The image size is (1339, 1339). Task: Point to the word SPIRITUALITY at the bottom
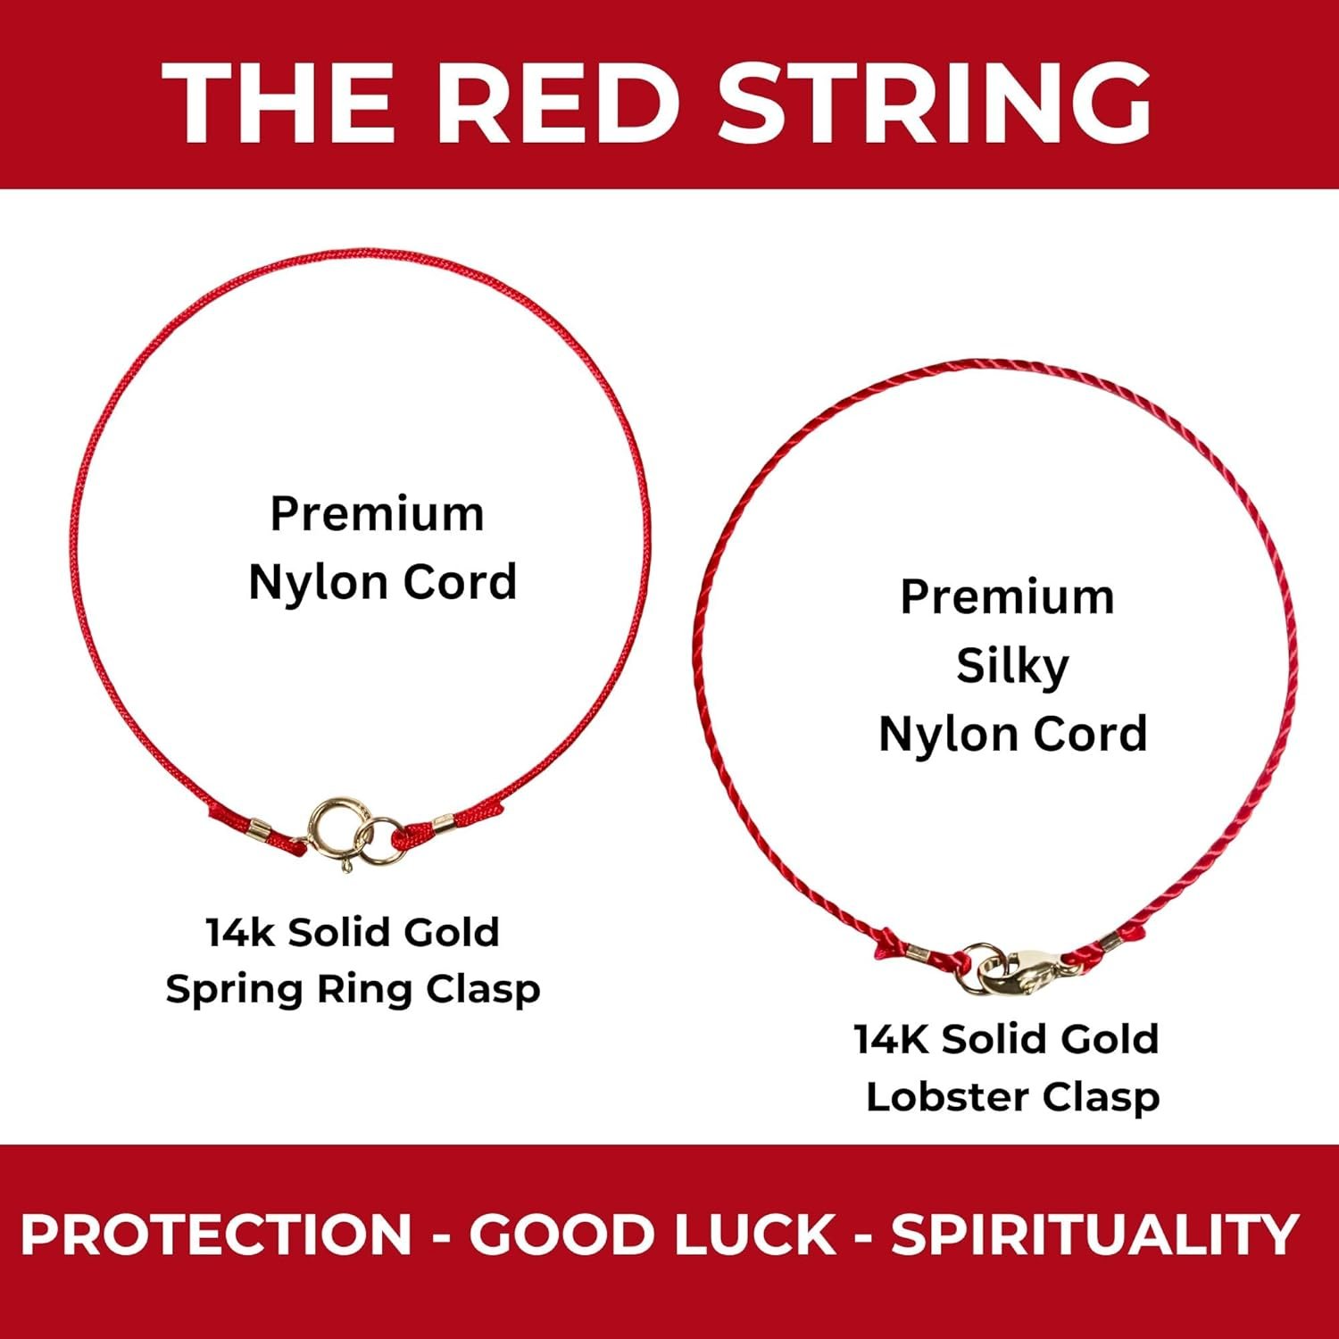(x=1094, y=1235)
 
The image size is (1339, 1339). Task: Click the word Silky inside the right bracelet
(x=1012, y=666)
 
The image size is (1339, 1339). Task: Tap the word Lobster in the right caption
(x=944, y=1097)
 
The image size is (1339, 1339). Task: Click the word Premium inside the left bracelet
(x=378, y=514)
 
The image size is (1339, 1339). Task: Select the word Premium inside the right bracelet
(x=1008, y=597)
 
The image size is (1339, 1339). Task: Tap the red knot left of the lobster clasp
(x=886, y=943)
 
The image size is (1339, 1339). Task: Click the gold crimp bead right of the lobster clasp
(x=1110, y=941)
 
